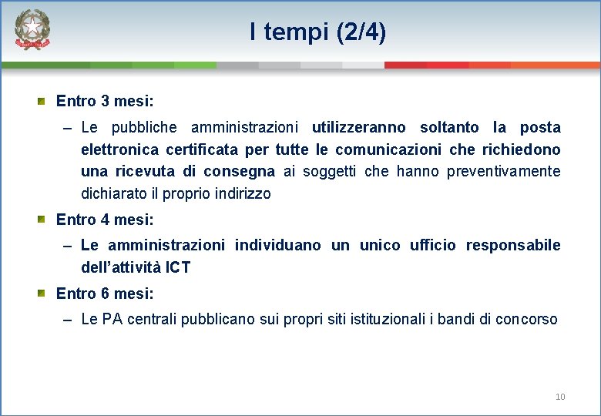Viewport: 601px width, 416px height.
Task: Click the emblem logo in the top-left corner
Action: pos(32,31)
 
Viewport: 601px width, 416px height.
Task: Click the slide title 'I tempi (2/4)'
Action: pos(317,32)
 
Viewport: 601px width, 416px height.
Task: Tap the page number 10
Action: pos(560,397)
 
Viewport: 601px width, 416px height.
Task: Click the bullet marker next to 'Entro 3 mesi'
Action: pos(43,101)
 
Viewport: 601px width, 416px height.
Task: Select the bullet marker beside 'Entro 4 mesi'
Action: pos(43,220)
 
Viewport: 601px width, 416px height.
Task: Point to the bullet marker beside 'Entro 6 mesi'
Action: pos(43,294)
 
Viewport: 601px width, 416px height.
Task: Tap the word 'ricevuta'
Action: pos(146,171)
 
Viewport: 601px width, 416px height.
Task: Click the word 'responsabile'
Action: pos(512,245)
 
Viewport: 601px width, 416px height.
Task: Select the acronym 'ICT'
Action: pos(177,267)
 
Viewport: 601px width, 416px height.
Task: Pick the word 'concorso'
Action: pos(526,319)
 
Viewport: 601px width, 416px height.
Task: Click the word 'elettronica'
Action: pos(119,149)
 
